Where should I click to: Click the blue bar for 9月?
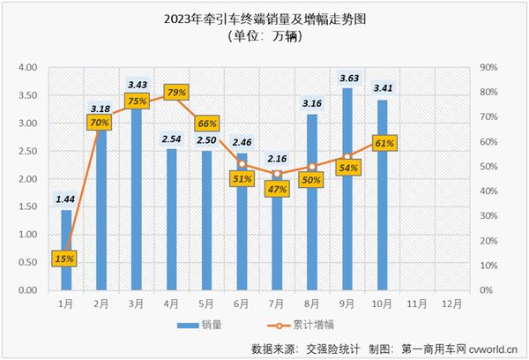347,203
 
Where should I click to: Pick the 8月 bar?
312,221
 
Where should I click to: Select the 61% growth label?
384,142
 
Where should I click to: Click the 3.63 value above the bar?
347,78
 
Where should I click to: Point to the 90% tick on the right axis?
489,68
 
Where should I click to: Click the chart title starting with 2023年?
264,18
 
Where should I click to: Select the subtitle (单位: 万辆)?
265,37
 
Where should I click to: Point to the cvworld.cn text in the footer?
494,348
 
